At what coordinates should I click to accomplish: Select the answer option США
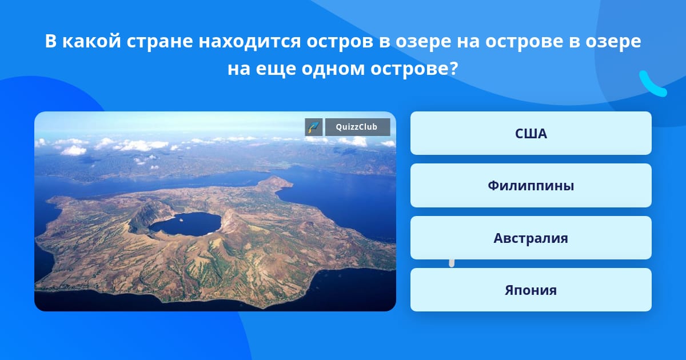[x=531, y=133]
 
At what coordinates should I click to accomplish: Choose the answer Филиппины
[x=531, y=186]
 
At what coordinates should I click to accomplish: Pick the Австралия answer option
[x=531, y=238]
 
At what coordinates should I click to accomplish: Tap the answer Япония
[x=531, y=290]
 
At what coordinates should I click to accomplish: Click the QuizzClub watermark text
[x=357, y=127]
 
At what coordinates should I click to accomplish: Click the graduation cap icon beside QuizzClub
[x=314, y=127]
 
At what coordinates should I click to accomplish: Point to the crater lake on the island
[x=186, y=224]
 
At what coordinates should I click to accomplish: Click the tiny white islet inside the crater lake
[x=180, y=220]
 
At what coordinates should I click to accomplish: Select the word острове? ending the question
[x=414, y=69]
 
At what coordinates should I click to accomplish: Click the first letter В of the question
[x=51, y=41]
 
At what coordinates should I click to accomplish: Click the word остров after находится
[x=340, y=41]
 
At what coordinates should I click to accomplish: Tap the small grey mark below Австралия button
[x=452, y=263]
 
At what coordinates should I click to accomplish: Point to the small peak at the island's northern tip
[x=273, y=181]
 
